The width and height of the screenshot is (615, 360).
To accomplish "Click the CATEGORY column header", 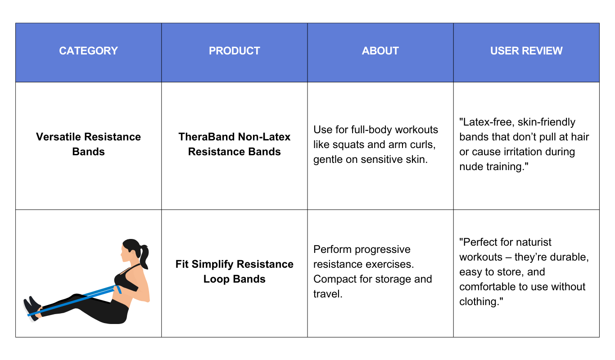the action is [x=88, y=51].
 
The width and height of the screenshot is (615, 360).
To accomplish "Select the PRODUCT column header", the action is [x=235, y=51].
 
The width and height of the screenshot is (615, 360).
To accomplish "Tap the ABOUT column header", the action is [x=380, y=51].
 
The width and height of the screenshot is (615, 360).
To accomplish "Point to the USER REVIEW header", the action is [x=526, y=51].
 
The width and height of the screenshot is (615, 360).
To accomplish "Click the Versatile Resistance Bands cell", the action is [x=88, y=144].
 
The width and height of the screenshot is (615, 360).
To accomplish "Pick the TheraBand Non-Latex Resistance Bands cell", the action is [x=235, y=144].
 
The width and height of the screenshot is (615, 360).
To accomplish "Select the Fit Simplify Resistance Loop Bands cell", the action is [x=235, y=271].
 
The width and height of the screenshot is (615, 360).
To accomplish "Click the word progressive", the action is [x=382, y=249].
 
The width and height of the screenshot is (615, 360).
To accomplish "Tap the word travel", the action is [x=328, y=294].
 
